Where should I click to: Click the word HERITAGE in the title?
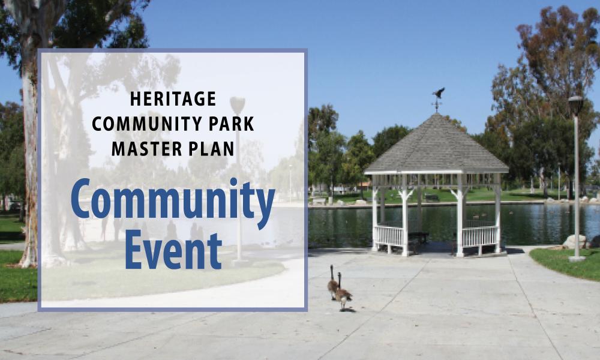pos(173,99)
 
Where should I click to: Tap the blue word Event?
pos(173,251)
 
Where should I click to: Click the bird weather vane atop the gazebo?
pos(438,98)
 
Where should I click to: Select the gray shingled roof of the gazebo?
pos(436,145)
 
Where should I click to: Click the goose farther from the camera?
pos(332,283)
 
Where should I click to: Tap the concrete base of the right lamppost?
pos(577,259)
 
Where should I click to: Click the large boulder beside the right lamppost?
pos(574,242)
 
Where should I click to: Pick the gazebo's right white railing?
pos(480,236)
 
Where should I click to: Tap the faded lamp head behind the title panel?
pos(237,106)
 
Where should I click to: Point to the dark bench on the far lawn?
pos(431,198)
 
